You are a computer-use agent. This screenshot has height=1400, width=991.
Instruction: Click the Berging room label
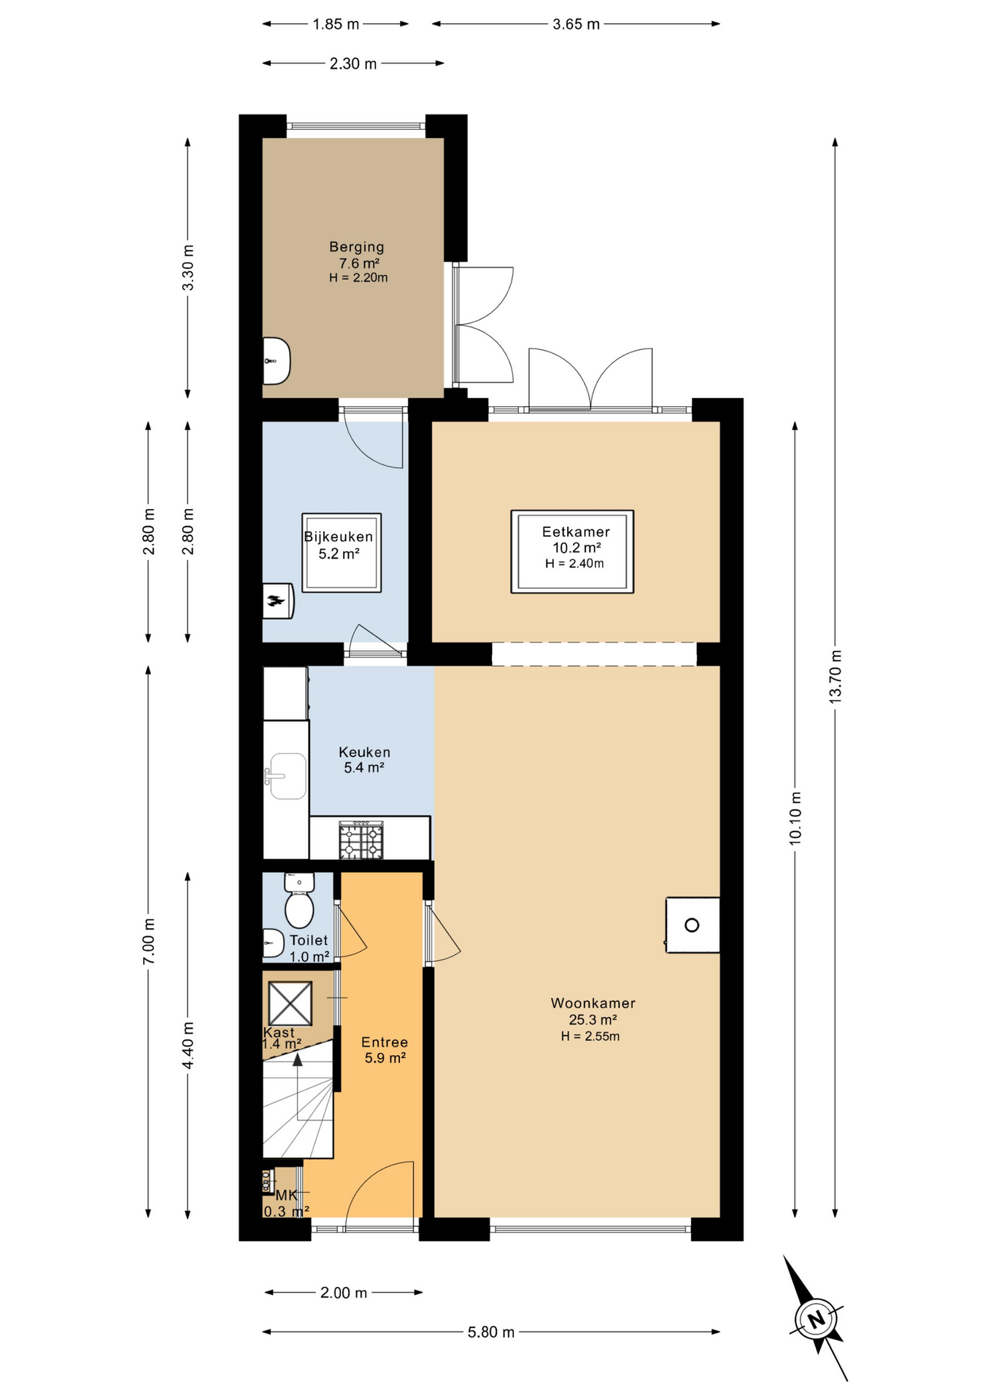point(356,247)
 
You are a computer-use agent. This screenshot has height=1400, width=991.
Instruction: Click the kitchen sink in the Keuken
point(288,776)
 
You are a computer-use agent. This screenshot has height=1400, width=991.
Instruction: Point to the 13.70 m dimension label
point(835,676)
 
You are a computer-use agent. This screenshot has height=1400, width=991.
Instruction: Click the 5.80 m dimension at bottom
point(491,1332)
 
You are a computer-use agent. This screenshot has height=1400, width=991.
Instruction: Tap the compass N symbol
point(816,1319)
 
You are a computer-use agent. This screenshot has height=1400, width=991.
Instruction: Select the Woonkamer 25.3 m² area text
point(593,1019)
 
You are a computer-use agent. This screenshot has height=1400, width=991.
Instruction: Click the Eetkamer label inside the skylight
point(575,532)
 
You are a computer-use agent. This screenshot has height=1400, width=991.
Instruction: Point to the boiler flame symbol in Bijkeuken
point(277,602)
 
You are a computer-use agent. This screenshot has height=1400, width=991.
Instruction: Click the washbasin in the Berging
point(276,361)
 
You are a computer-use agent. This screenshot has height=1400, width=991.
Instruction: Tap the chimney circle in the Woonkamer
point(692,925)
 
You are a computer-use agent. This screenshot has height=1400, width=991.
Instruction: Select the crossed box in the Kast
point(290,1004)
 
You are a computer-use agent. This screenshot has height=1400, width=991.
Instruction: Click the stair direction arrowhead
point(298,1060)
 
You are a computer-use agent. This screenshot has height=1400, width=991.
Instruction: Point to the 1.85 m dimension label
point(336,24)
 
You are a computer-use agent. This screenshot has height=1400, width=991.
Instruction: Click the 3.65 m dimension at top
point(576,24)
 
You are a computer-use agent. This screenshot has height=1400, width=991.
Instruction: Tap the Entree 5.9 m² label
point(385,1050)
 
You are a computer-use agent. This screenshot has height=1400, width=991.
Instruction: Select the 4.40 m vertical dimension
point(188,1045)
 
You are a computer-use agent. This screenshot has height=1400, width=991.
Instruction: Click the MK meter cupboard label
point(286,1195)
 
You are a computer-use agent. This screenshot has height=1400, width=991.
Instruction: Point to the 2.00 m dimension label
point(344,1293)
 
